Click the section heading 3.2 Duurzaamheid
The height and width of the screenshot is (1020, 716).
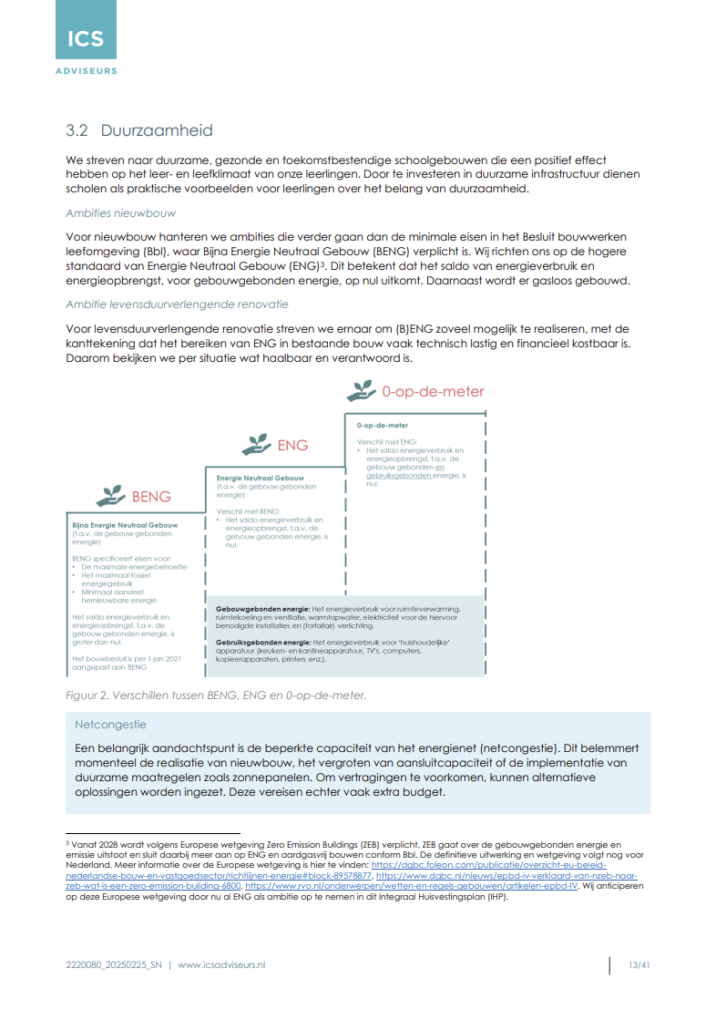[139, 131]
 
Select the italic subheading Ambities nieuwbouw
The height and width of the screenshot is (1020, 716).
[120, 212]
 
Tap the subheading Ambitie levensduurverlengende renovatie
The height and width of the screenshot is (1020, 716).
[177, 304]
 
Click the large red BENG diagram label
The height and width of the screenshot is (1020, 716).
[151, 497]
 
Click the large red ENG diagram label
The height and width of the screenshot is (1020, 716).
[292, 446]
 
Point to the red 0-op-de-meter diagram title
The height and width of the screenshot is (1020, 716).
[433, 392]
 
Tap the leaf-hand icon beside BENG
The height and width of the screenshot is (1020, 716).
[112, 496]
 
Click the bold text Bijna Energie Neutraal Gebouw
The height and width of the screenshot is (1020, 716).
[125, 526]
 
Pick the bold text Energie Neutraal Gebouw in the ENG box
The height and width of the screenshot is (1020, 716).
[261, 478]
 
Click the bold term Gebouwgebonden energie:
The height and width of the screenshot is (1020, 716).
[262, 609]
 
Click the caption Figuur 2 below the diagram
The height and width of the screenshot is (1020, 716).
[216, 695]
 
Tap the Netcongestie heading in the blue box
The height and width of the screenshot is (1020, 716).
[110, 726]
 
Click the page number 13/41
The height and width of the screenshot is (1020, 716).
[639, 965]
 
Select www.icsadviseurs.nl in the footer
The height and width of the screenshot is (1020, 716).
[221, 965]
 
